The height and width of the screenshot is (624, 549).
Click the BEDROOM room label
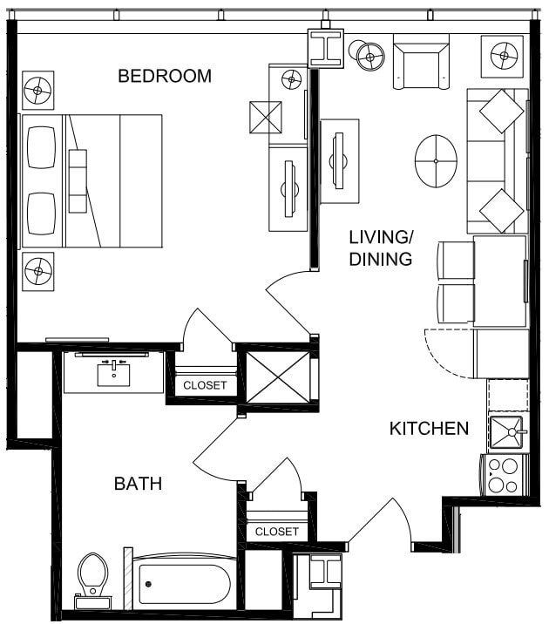pos(165,76)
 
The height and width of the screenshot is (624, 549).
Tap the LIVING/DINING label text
pos(381,248)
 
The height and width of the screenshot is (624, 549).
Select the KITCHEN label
pos(429,428)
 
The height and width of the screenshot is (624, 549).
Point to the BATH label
pos(139,483)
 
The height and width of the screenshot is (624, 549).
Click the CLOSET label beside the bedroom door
pos(205,385)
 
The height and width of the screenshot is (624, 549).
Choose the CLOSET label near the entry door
pos(277,531)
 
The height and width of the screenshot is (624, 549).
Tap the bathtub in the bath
pos(185,582)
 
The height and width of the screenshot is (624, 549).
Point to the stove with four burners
pos(503,476)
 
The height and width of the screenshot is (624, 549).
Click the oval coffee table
pos(436,160)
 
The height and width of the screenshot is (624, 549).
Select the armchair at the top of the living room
pos(420,61)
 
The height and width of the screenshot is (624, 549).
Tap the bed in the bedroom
pos(92,180)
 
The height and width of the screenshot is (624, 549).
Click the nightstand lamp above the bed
pos(37,90)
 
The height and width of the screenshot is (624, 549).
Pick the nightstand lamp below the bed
pos(37,271)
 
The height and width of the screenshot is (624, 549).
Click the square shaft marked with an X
pos(278,376)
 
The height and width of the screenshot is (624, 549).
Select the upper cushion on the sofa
pos(501,112)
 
